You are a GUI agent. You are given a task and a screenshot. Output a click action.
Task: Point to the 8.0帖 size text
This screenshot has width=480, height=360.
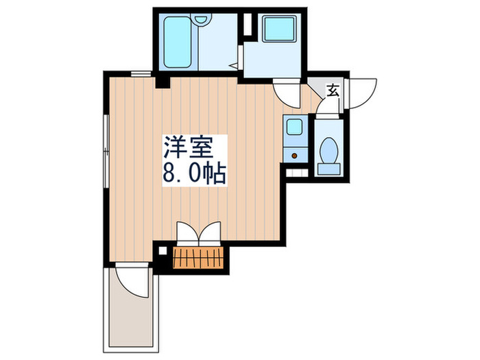point(195,172)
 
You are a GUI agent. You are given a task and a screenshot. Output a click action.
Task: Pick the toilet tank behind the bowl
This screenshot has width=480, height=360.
point(329,165)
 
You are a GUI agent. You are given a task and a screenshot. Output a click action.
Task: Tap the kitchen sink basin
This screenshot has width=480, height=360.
point(295,128)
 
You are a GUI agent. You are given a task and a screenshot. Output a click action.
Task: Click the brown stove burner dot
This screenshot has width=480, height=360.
point(294,155)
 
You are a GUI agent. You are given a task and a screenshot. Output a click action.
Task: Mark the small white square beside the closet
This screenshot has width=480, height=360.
point(162,251)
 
